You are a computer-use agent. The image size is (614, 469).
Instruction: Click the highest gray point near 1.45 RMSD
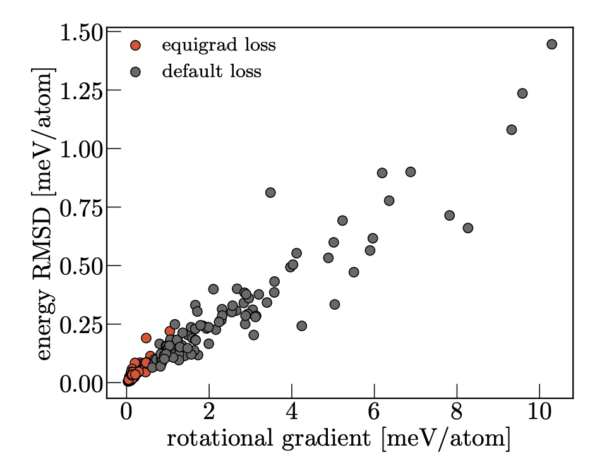click(x=551, y=44)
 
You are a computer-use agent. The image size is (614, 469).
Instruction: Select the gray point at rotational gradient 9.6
click(x=522, y=94)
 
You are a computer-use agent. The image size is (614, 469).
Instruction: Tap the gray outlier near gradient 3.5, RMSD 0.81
click(x=270, y=192)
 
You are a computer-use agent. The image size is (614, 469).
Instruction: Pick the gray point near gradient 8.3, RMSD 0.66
click(x=468, y=228)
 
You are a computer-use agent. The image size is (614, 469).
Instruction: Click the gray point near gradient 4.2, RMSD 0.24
click(x=301, y=326)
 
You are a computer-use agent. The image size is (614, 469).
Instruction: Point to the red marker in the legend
click(x=135, y=46)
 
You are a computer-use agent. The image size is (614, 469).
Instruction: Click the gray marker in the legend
click(x=135, y=71)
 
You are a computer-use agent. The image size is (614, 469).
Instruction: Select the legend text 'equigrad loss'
click(x=219, y=46)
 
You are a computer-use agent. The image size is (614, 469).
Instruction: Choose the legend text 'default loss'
click(x=212, y=71)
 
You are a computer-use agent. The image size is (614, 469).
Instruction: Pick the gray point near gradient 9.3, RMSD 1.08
click(x=512, y=130)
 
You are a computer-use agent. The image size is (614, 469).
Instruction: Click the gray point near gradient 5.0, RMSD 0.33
click(x=335, y=304)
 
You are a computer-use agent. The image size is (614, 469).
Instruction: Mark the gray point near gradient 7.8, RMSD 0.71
click(x=450, y=216)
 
